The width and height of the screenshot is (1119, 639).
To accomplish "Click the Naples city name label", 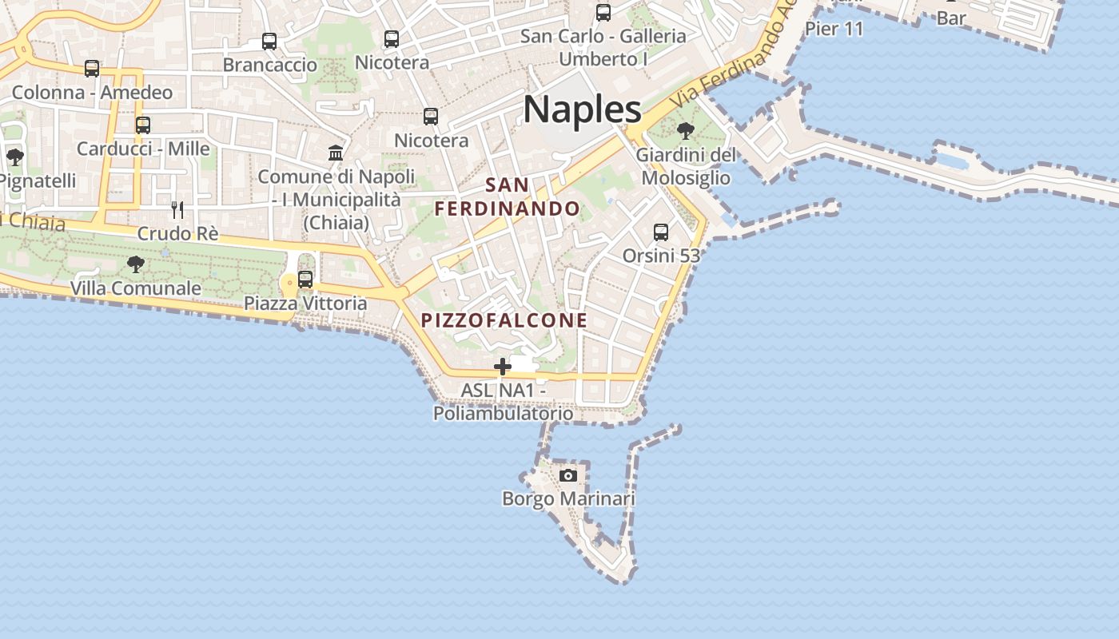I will (582, 109).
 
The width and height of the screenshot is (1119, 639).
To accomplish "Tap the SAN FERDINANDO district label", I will (507, 196).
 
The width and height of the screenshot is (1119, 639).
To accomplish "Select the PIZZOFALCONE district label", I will (504, 320).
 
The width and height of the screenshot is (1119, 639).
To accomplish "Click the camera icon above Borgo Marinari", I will (567, 475).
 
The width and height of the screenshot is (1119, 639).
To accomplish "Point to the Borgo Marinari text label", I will (568, 499).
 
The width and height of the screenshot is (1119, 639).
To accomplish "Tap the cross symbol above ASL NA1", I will (503, 367).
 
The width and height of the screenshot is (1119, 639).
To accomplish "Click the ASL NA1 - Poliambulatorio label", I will (503, 402).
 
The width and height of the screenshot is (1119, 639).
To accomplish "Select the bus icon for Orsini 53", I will (661, 232).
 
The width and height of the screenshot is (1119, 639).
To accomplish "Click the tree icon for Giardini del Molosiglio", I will (685, 131).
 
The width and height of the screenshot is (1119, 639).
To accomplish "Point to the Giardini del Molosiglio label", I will (686, 165).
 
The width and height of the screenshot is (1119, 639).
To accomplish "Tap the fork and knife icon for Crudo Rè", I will (177, 210).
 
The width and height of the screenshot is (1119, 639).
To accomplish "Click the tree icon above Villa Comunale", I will (136, 264).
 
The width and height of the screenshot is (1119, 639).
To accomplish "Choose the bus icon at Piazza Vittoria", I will (305, 280).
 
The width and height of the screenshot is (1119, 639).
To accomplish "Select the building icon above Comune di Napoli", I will (336, 153).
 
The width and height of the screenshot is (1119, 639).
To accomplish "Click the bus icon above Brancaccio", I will (269, 42).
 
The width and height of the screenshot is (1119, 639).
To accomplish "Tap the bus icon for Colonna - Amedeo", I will (92, 69).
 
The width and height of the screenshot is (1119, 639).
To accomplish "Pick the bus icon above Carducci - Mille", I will (143, 125).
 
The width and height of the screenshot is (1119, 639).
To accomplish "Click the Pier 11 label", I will (834, 30).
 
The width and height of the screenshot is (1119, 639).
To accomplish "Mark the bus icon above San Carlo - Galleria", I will (603, 13).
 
